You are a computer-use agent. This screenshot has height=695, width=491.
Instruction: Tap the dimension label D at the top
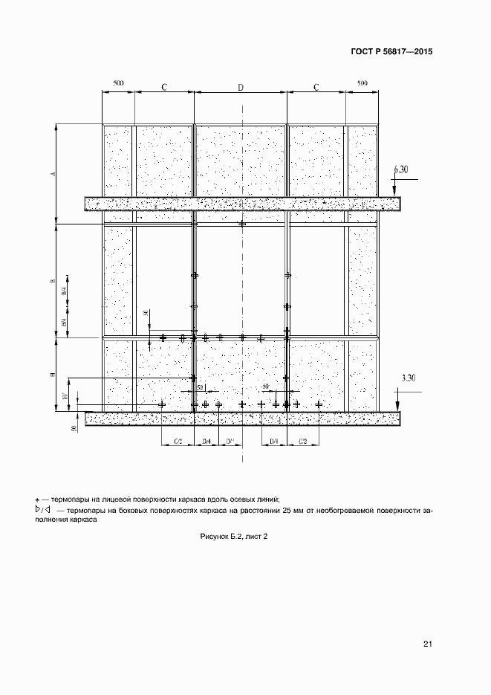(x=241, y=88)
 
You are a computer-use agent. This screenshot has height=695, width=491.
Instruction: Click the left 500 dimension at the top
(x=118, y=83)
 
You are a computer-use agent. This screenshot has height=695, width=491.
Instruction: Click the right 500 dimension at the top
(x=362, y=83)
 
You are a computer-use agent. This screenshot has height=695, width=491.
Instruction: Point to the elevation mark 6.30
(x=400, y=169)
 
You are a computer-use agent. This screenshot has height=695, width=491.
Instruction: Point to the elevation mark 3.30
(x=408, y=378)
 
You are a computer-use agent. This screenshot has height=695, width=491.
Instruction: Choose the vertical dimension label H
(x=53, y=375)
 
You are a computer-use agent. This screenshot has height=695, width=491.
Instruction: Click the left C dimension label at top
(x=164, y=88)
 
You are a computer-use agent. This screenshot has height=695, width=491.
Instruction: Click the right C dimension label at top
(x=316, y=88)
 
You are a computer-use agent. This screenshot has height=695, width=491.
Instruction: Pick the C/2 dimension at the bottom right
(x=303, y=442)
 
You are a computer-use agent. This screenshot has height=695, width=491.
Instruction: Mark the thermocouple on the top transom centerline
(x=241, y=224)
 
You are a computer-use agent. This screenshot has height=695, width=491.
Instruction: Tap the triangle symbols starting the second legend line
(x=42, y=511)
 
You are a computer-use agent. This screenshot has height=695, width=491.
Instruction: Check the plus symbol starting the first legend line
(x=37, y=500)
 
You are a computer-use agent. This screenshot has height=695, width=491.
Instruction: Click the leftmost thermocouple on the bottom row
(x=162, y=404)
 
